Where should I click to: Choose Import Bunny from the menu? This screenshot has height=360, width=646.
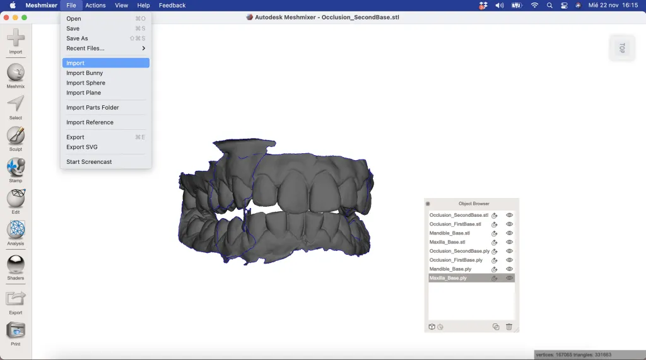point(85,73)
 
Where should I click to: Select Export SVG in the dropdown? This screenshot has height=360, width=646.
point(82,147)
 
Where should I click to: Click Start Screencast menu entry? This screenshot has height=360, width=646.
point(89,162)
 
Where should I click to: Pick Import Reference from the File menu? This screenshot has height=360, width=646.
point(90,122)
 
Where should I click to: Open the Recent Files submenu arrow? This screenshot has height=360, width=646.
point(143,48)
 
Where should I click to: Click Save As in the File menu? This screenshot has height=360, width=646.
point(77,38)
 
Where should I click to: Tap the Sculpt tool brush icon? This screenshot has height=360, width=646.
point(16,135)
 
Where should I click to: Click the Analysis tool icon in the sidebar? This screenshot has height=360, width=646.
point(16,229)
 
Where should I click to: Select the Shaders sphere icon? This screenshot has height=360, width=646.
point(16,264)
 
